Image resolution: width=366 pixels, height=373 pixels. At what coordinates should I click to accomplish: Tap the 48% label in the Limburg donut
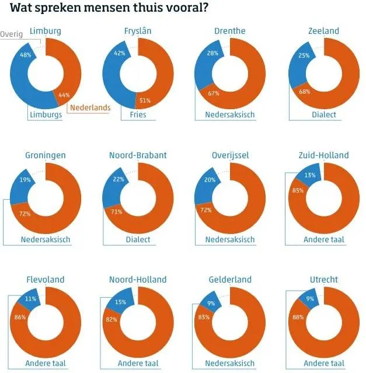point(25,55)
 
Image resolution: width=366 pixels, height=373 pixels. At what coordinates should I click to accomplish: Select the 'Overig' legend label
point(12,34)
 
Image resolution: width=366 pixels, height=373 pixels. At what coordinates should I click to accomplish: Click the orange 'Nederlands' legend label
point(89,107)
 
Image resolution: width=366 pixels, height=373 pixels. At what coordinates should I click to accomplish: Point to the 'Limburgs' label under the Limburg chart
point(46,115)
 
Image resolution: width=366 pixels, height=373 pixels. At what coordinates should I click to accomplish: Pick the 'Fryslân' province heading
point(138,31)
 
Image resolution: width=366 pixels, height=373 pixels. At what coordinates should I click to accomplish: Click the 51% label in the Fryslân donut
point(145,100)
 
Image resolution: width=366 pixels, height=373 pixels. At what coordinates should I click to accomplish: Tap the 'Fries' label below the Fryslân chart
point(138,115)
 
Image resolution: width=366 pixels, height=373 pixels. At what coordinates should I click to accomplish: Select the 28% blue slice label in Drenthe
point(212,54)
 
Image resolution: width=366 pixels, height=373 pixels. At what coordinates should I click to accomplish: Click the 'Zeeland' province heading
point(323,31)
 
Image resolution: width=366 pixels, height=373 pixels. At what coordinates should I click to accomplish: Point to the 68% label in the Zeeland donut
point(304,92)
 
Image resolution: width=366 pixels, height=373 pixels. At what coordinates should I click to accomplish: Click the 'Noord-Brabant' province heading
point(138,155)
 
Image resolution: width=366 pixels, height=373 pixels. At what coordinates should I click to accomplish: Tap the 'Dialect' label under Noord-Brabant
point(138,239)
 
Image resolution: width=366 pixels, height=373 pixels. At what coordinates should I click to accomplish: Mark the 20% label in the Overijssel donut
point(210,180)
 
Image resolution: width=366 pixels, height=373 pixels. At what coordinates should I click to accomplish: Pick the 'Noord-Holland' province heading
point(138,280)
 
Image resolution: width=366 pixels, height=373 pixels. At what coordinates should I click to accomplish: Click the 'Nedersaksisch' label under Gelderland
point(230,364)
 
